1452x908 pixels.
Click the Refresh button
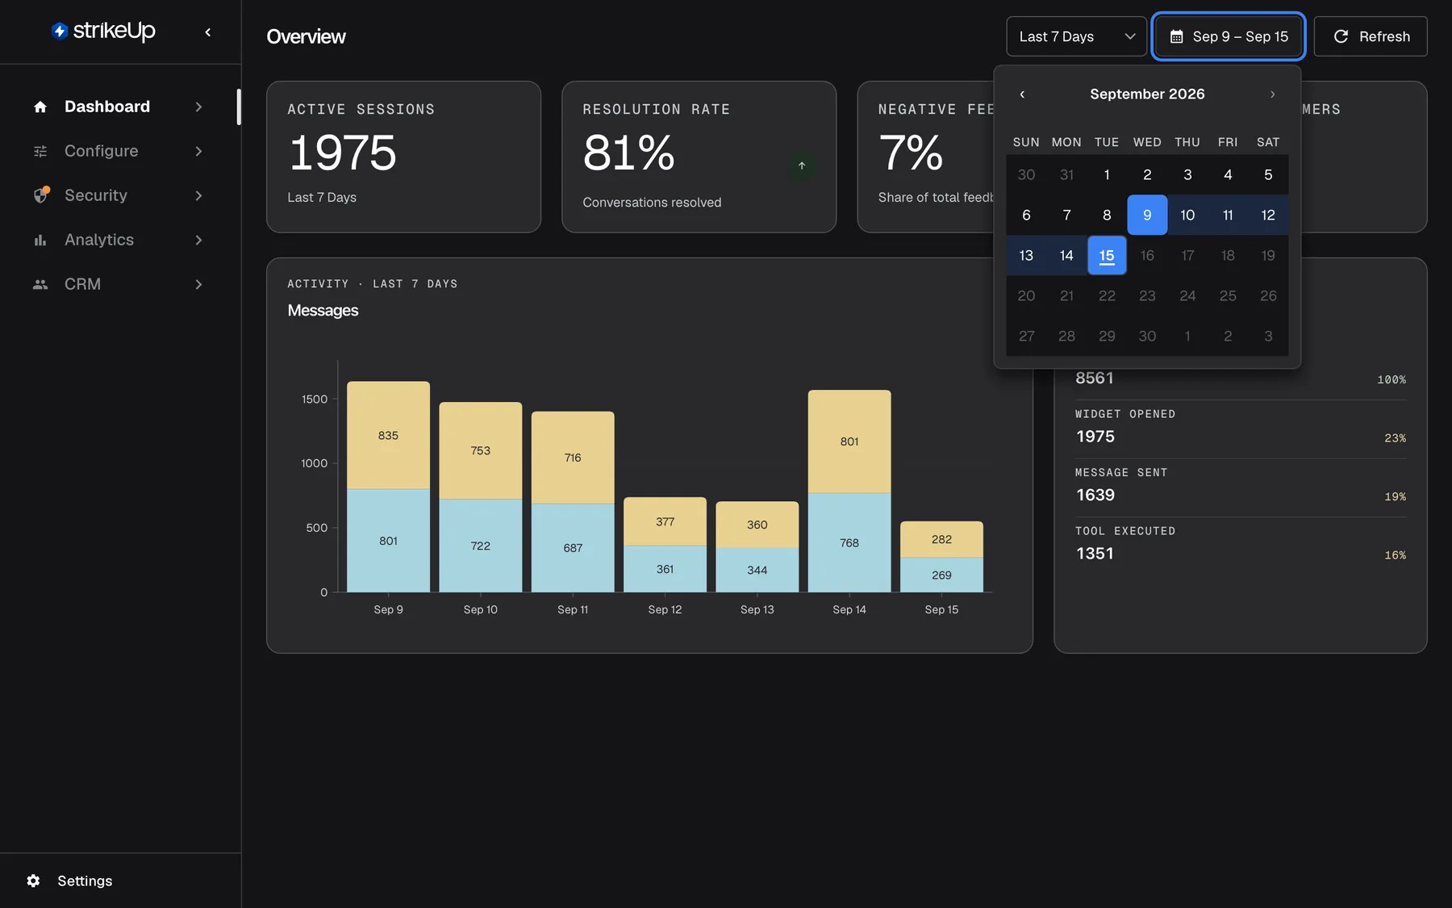1371,36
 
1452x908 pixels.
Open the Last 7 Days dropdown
1076,36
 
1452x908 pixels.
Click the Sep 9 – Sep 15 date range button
1229,36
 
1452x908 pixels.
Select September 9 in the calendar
1147,215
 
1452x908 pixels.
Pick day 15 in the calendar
1107,255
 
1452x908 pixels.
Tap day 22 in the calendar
1107,295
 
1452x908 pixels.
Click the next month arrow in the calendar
1272,94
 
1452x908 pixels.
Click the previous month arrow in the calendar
1022,94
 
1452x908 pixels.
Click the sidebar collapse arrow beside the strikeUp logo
208,32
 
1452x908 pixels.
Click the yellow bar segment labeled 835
388,435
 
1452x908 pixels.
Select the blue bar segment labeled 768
849,542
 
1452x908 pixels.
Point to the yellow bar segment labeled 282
941,539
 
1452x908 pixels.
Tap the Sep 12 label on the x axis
665,609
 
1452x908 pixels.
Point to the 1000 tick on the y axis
314,463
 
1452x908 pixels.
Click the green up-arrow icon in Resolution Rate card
802,165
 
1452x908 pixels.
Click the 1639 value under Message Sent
1095,495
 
